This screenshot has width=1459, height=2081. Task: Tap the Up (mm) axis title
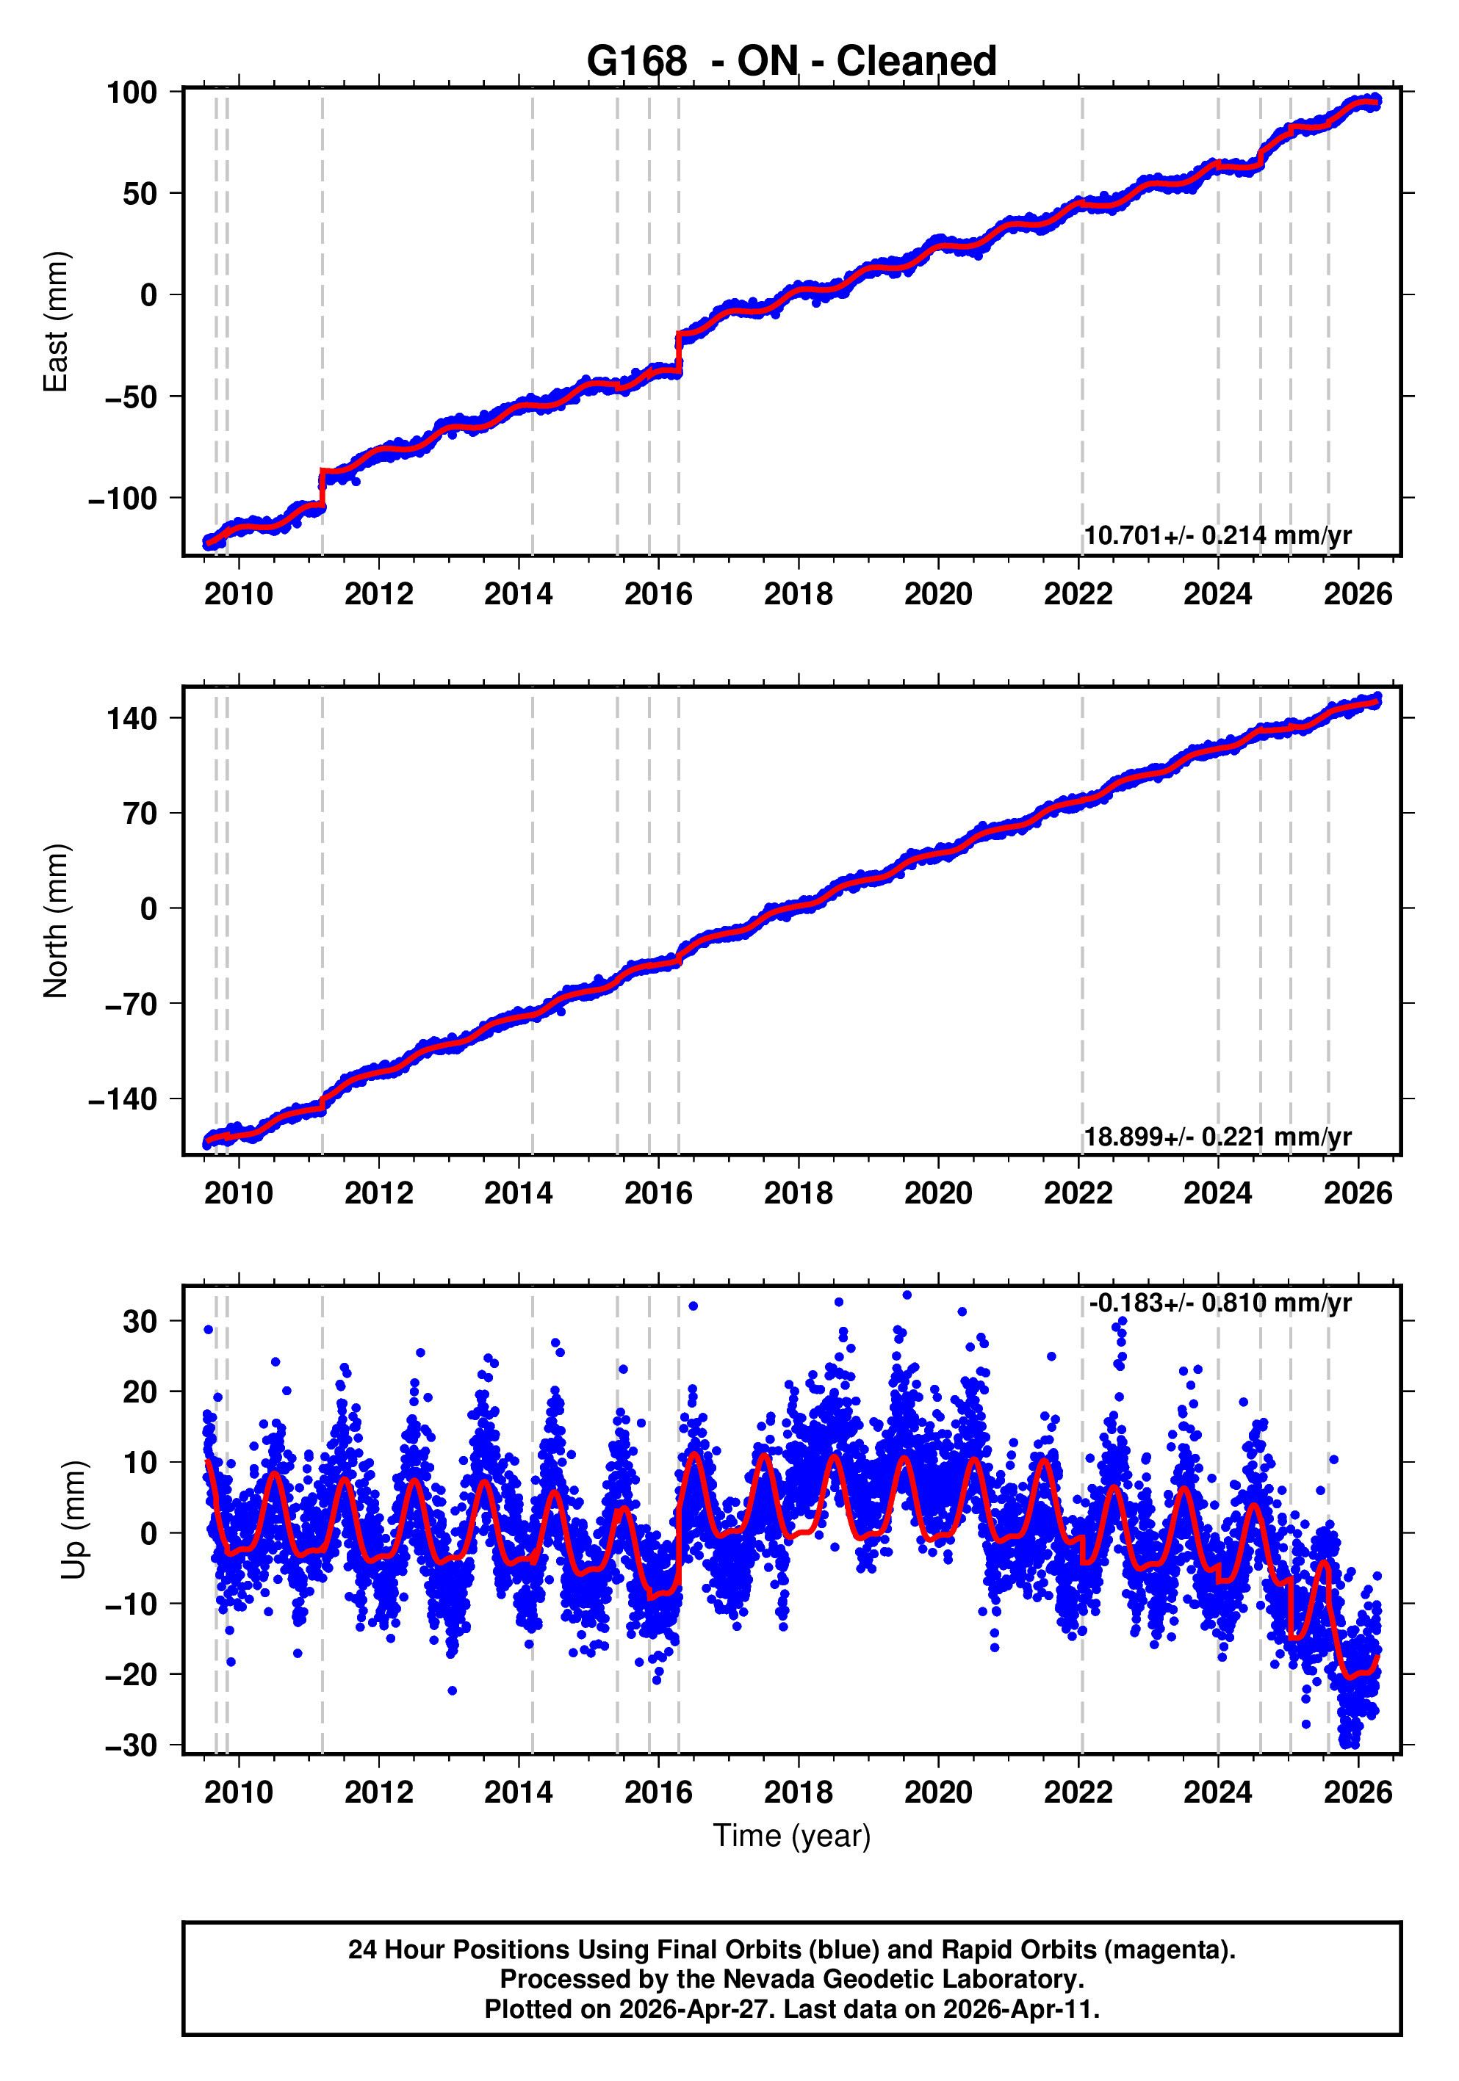tap(74, 1520)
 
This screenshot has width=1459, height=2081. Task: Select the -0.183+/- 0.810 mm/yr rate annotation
tap(1220, 1303)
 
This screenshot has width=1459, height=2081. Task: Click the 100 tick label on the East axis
tap(132, 93)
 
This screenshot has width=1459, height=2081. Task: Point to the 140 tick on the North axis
tap(132, 719)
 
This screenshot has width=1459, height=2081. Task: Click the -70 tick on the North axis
tap(131, 1005)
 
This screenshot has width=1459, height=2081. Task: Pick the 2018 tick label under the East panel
tap(798, 595)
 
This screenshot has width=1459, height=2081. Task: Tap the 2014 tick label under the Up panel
tap(518, 1792)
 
